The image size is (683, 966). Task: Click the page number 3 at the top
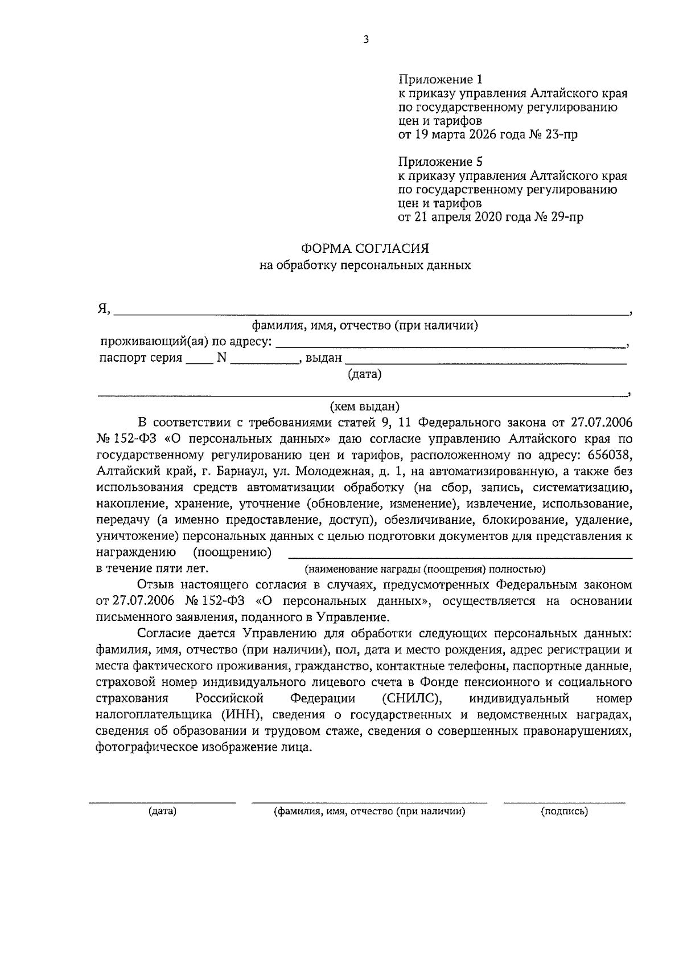pyautogui.click(x=366, y=39)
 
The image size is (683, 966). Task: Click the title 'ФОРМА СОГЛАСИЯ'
pyautogui.click(x=365, y=248)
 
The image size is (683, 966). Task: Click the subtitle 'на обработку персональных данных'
pyautogui.click(x=365, y=265)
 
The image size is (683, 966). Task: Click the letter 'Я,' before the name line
pyautogui.click(x=104, y=309)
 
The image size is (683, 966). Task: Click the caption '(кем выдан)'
pyautogui.click(x=365, y=406)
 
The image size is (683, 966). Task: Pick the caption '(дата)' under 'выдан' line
pyautogui.click(x=364, y=374)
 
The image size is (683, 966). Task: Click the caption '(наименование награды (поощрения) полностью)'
pyautogui.click(x=425, y=568)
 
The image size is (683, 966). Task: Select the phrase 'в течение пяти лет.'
pyautogui.click(x=153, y=568)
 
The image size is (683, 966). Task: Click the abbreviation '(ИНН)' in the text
pyautogui.click(x=243, y=715)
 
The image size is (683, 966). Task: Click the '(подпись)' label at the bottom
pyautogui.click(x=564, y=812)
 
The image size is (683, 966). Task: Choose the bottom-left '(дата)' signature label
pyautogui.click(x=162, y=812)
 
